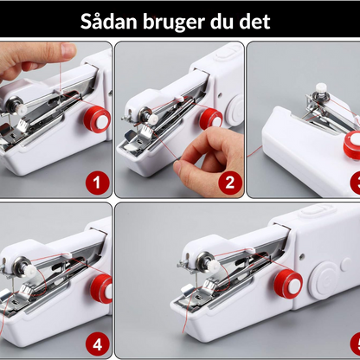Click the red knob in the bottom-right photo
coord(282,282)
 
